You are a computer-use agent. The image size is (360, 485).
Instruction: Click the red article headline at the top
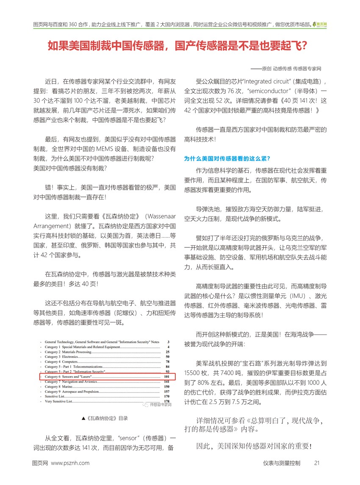click(177, 46)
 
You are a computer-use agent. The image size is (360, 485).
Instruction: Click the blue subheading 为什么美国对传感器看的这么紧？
click(227, 159)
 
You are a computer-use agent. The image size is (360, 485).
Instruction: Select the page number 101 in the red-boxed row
click(166, 376)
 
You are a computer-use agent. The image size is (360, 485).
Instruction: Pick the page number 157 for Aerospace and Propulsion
click(166, 391)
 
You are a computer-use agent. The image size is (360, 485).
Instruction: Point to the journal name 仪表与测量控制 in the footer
click(281, 463)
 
